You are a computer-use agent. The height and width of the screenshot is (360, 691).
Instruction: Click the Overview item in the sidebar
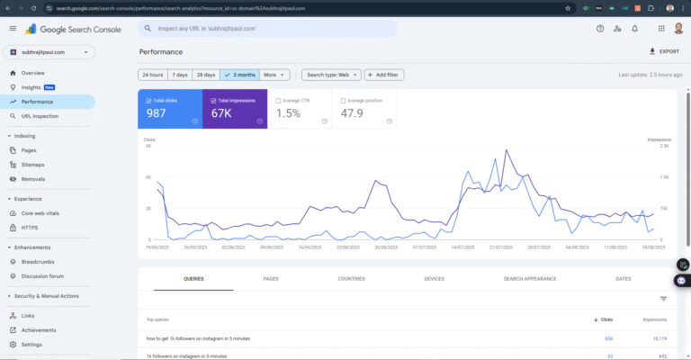coord(32,73)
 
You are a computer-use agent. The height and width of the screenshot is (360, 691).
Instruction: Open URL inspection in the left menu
coord(40,116)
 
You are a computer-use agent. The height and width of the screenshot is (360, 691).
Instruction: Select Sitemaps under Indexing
coord(33,165)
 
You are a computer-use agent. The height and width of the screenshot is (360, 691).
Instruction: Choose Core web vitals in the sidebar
coord(41,213)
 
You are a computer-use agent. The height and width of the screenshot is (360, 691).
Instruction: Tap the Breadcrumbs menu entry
coord(38,262)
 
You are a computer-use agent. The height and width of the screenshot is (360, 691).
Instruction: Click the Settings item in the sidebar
coord(31,345)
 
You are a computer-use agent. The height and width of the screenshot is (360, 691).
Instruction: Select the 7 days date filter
coord(180,75)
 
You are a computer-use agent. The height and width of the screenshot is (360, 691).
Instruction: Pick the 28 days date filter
coord(206,75)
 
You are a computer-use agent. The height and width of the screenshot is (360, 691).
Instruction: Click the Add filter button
coord(384,75)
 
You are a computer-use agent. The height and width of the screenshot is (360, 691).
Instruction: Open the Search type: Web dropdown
coord(331,75)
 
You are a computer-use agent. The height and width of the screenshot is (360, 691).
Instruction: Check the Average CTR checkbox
coord(279,101)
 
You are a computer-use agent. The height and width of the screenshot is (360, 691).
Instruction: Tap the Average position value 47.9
coord(353,113)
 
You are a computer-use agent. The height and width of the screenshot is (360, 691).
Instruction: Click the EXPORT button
coord(665,52)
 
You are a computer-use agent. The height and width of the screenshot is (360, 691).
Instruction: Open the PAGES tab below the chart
coord(270,279)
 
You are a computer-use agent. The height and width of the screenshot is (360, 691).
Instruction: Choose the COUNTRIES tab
coord(351,279)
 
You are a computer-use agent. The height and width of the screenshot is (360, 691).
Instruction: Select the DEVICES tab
coord(434,279)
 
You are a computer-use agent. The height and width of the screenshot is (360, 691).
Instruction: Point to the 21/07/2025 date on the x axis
coord(500,247)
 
